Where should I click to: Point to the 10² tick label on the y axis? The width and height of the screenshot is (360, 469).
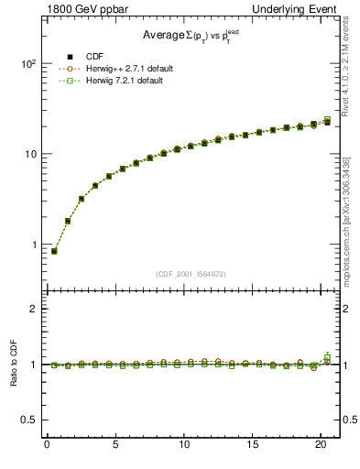(27, 64)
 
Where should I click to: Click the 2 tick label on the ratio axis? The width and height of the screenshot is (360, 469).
(31, 309)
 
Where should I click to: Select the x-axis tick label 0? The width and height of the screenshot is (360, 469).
(47, 446)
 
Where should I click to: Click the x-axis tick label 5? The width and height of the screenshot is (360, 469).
(115, 446)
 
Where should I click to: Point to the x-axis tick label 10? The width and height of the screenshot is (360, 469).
(184, 446)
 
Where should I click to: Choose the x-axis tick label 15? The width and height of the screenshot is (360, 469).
(253, 446)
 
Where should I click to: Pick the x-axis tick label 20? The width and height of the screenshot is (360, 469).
(321, 446)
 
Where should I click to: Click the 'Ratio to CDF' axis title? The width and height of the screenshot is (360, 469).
(12, 365)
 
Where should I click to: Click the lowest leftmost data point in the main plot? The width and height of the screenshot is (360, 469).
(54, 251)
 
